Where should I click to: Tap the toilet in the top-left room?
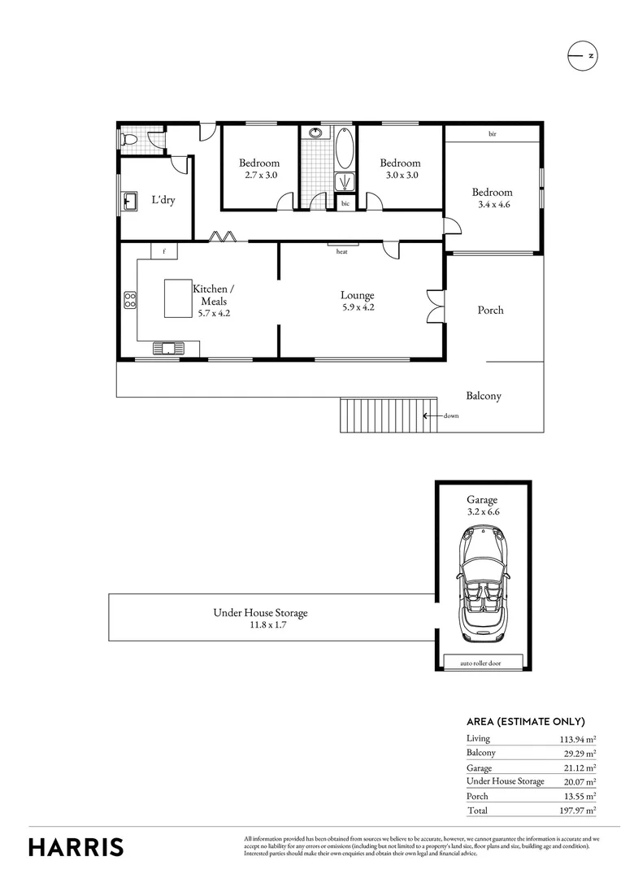(127, 140)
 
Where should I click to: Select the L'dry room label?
(163, 200)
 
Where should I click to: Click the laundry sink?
(129, 199)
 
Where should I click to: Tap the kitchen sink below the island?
(168, 349)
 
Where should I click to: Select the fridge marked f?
(164, 251)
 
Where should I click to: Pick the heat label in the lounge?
(342, 252)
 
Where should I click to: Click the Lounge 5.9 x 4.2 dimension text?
(357, 307)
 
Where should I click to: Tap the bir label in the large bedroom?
(492, 133)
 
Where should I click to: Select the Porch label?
(490, 310)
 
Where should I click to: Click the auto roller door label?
(480, 663)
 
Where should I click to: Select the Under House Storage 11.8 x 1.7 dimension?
(260, 626)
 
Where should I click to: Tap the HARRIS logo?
(76, 846)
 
